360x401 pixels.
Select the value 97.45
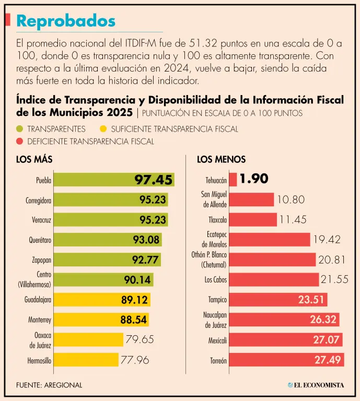(x=153, y=180)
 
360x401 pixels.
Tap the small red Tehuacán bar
(x=233, y=180)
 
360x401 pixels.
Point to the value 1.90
(x=254, y=179)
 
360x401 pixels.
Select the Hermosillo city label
(x=39, y=360)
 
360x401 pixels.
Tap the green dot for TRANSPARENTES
(x=20, y=129)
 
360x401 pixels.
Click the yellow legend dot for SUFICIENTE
(x=102, y=129)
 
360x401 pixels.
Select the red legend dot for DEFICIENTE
(x=20, y=141)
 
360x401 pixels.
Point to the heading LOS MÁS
(x=34, y=159)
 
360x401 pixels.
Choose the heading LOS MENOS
(x=221, y=159)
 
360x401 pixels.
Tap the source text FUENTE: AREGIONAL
(x=49, y=385)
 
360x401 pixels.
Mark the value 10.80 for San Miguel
(x=291, y=199)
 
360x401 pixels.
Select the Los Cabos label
(x=216, y=280)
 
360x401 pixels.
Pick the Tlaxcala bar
(x=253, y=219)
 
